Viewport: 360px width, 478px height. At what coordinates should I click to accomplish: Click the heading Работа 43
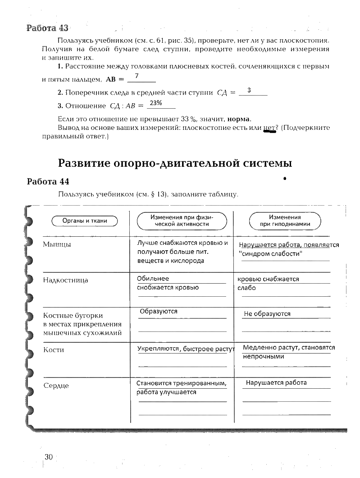coord(47,28)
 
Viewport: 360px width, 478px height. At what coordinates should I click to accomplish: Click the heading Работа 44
coord(48,182)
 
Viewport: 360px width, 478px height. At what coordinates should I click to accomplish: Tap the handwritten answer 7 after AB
coord(136,76)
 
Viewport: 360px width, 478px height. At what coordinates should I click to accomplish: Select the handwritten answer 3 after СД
coord(249,91)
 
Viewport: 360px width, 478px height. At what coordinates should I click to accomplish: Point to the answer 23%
coord(155,103)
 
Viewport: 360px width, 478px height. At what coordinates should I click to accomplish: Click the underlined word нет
coord(269,128)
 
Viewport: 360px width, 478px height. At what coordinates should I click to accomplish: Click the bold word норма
coord(239,119)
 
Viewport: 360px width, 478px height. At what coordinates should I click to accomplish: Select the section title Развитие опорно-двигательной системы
coord(175,163)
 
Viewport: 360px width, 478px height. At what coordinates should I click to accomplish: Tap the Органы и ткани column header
coord(85,221)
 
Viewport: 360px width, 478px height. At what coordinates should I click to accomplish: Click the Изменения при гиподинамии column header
coord(285,221)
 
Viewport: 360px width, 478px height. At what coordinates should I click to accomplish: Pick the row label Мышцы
coord(57,244)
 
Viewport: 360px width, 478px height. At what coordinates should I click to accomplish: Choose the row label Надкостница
coord(65,280)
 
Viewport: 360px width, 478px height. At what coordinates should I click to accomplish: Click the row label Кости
coord(54,349)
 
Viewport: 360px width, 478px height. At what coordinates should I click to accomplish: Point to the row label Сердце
coord(56,386)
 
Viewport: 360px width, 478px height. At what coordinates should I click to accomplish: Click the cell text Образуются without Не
coord(159,311)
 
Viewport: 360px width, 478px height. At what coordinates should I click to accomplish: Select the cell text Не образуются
coord(267,314)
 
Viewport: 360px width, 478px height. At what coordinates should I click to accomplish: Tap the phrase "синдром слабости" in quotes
coord(270,253)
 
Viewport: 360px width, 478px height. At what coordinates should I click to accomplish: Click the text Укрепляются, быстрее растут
coord(186,349)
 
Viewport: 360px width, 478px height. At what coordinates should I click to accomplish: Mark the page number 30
coord(48,457)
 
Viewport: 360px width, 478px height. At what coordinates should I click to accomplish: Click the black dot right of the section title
coord(285,179)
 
